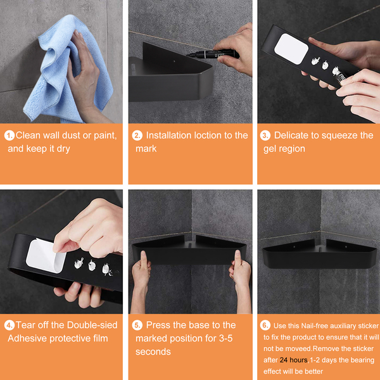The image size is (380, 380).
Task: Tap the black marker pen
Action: click(x=213, y=54)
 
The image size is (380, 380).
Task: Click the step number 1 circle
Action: click(x=9, y=136)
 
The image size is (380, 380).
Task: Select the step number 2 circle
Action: click(x=137, y=136)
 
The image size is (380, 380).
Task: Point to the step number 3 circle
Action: click(x=265, y=136)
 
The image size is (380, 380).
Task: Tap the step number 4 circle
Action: click(x=9, y=326)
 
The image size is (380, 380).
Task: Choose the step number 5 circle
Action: click(x=137, y=326)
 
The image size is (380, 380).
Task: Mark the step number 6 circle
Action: click(x=265, y=326)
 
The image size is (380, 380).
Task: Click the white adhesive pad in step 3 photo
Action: click(x=291, y=49)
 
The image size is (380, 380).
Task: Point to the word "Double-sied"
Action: click(x=92, y=325)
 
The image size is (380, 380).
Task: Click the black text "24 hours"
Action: click(x=293, y=360)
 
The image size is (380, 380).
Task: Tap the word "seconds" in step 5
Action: click(x=153, y=351)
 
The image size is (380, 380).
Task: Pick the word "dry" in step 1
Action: click(x=63, y=149)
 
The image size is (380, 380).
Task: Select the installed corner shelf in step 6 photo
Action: click(x=319, y=254)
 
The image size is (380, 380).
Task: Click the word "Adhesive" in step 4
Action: click(x=27, y=338)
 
